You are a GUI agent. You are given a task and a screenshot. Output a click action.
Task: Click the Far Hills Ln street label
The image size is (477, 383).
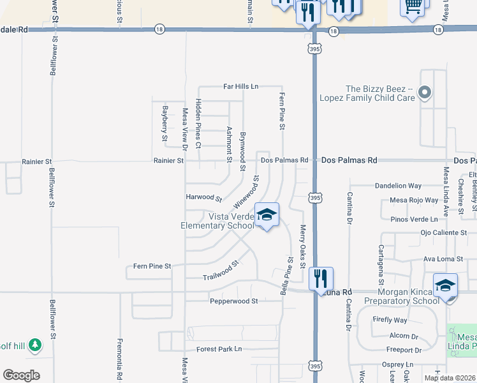(240, 86)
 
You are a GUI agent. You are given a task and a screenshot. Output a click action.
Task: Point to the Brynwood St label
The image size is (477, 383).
(243, 151)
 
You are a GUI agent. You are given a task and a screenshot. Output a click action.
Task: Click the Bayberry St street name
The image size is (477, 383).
(165, 123)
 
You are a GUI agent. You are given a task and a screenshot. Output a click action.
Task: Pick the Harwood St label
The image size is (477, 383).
(203, 197)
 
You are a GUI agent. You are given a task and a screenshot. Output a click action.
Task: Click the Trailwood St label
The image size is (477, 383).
(220, 270)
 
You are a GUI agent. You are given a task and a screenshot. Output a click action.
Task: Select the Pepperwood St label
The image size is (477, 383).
(233, 300)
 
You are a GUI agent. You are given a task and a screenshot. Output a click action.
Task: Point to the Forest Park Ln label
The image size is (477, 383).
(219, 349)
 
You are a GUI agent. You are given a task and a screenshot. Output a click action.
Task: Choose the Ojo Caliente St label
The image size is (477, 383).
(444, 233)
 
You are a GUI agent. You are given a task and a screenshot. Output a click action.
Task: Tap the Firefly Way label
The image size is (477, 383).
(392, 320)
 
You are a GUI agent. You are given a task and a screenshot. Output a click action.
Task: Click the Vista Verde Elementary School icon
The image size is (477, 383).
(267, 214)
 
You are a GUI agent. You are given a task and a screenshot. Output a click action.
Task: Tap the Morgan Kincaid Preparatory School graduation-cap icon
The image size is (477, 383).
(446, 285)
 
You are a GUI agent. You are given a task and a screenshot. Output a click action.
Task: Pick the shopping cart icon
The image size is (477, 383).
(413, 6)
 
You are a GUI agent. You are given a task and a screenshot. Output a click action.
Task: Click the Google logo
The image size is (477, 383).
(22, 375)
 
